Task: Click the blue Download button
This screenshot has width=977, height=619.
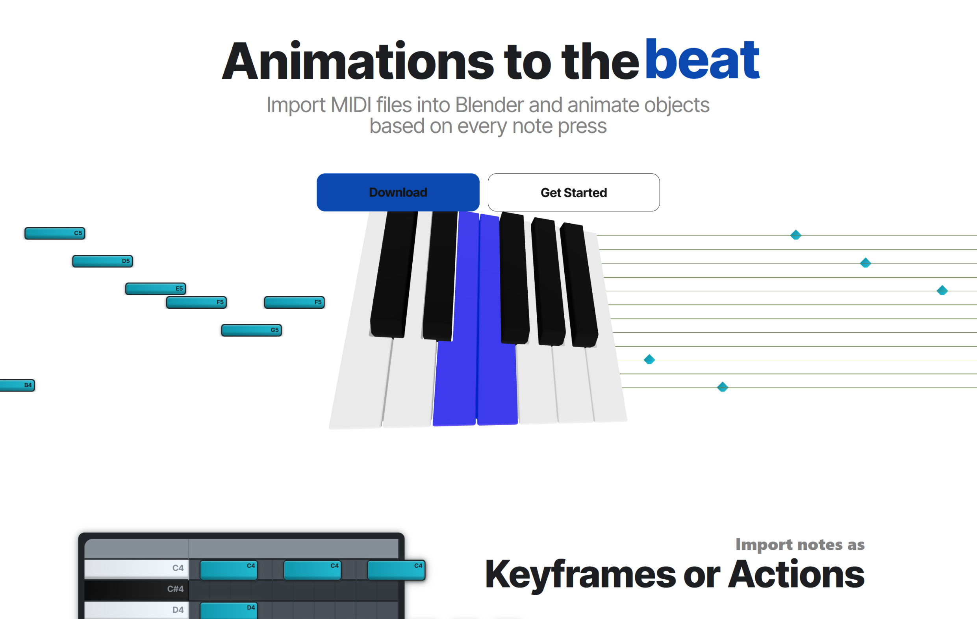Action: (398, 192)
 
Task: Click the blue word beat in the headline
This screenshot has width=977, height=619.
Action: (702, 59)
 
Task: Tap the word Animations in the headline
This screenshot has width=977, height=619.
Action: (358, 61)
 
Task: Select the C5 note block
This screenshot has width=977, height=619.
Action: (55, 233)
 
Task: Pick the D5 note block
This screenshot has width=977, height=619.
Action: (103, 261)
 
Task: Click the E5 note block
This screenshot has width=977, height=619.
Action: (156, 289)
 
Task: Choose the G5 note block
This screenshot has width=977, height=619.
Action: (252, 330)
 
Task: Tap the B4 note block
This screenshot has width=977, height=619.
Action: (17, 385)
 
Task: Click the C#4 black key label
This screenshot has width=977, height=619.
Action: (175, 589)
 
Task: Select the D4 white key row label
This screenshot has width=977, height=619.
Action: (178, 610)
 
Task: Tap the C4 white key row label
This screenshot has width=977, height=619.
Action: (178, 568)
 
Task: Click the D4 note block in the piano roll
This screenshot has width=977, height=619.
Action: (229, 611)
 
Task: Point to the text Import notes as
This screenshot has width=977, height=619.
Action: (800, 545)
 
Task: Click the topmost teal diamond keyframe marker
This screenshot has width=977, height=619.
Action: (795, 235)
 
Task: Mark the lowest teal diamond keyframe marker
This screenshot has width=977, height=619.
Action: (722, 387)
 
